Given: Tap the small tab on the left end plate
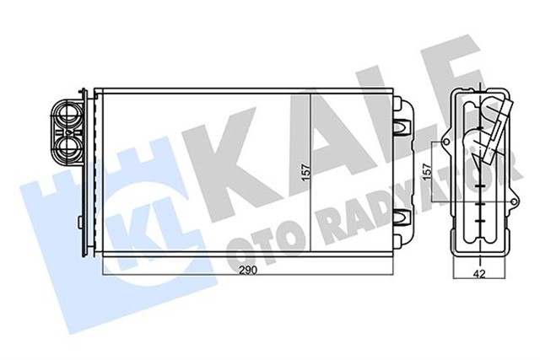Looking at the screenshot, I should coord(79,223).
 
